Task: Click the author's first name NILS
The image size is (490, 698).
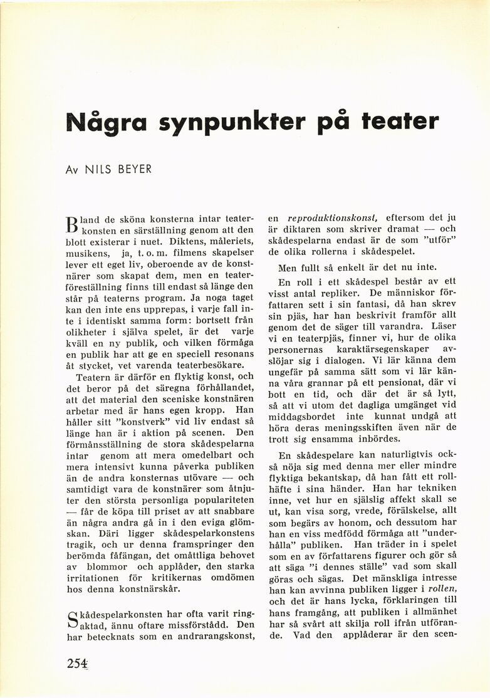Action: (x=100, y=169)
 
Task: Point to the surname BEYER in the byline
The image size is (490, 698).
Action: (x=135, y=169)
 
